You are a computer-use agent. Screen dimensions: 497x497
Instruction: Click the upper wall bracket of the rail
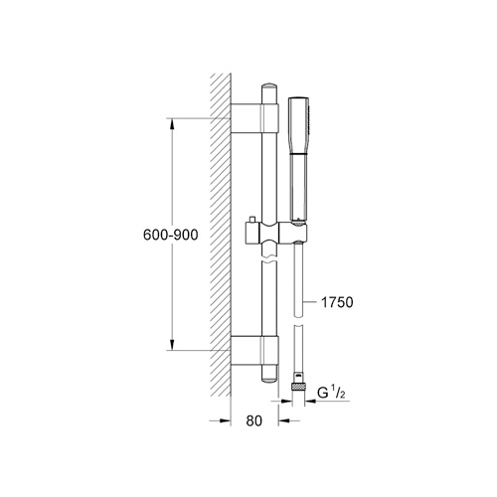coord(256,118)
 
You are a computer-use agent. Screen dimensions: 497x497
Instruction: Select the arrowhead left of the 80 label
coord(225,420)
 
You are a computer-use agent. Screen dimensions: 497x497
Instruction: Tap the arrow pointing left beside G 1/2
coord(311,393)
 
